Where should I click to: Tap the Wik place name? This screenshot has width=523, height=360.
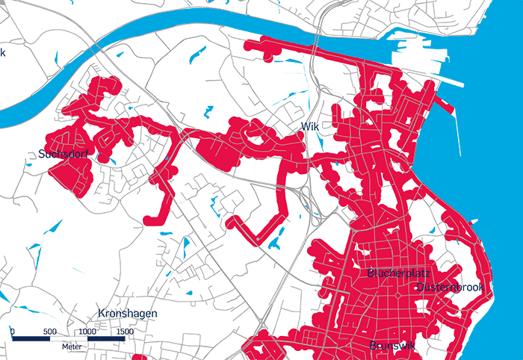[310, 127]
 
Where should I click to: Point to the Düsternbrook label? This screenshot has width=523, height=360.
[451, 288]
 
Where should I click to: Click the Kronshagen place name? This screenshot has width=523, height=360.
[128, 314]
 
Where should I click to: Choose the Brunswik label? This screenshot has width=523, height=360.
[393, 346]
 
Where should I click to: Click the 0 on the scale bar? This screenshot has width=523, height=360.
[13, 330]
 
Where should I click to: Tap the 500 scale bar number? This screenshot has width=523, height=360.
[49, 330]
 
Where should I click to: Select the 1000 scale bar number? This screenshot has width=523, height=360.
[87, 330]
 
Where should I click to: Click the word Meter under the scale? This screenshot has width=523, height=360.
[71, 347]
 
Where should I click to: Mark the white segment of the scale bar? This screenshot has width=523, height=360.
[68, 339]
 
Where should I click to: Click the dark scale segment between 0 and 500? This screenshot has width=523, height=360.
[31, 339]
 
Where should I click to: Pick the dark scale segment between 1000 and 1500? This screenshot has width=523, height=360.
[105, 339]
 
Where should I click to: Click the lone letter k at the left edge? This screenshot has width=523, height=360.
[3, 52]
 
